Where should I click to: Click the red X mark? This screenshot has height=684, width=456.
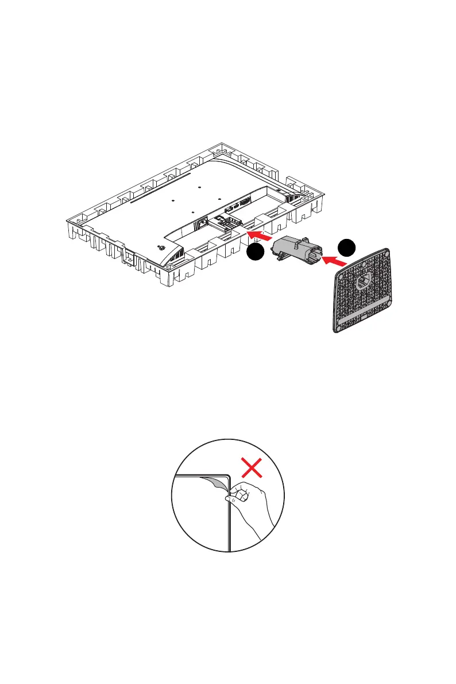[x=253, y=468]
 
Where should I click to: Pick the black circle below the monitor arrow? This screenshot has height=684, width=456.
[x=256, y=253]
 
